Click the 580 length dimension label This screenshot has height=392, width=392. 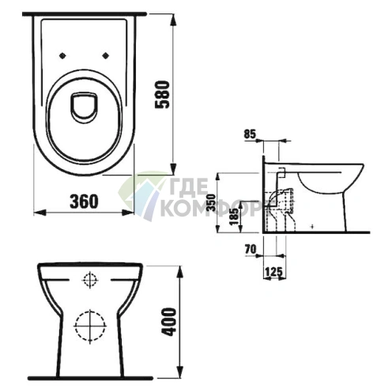coord(162,95)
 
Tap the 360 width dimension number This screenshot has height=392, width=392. coord(84,202)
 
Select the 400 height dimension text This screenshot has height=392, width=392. coord(168,322)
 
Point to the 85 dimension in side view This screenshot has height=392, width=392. coord(250,134)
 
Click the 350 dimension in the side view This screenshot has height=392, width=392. coord(211,202)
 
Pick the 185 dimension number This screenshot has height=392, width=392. coord(233,216)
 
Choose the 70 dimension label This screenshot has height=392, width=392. coord(251,249)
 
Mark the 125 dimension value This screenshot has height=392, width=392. coord(273,272)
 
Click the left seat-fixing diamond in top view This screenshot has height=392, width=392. coord(62,55)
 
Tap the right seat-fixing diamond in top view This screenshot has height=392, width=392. coord(106,55)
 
